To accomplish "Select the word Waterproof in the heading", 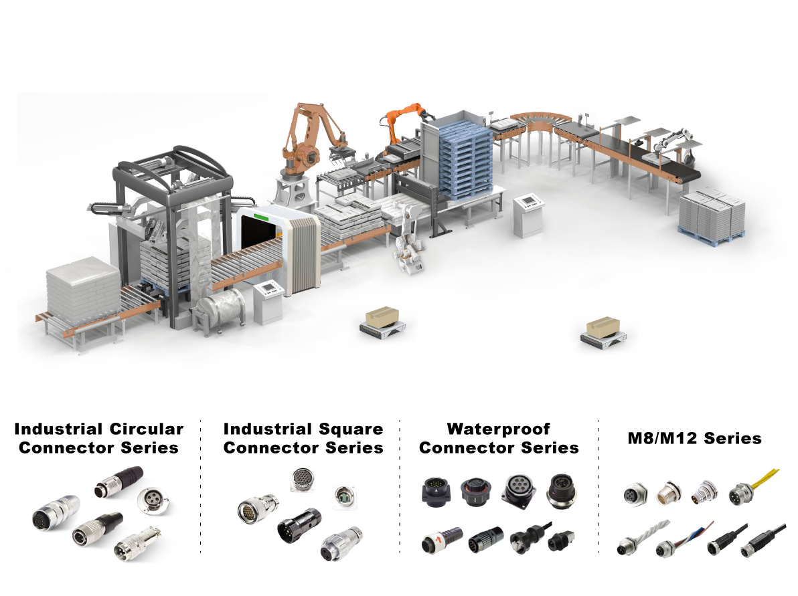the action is pyautogui.click(x=498, y=429).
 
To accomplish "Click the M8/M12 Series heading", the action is pyautogui.click(x=694, y=438).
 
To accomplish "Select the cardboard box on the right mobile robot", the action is pyautogui.click(x=603, y=326).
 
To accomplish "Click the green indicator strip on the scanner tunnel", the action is pyautogui.click(x=261, y=217).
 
